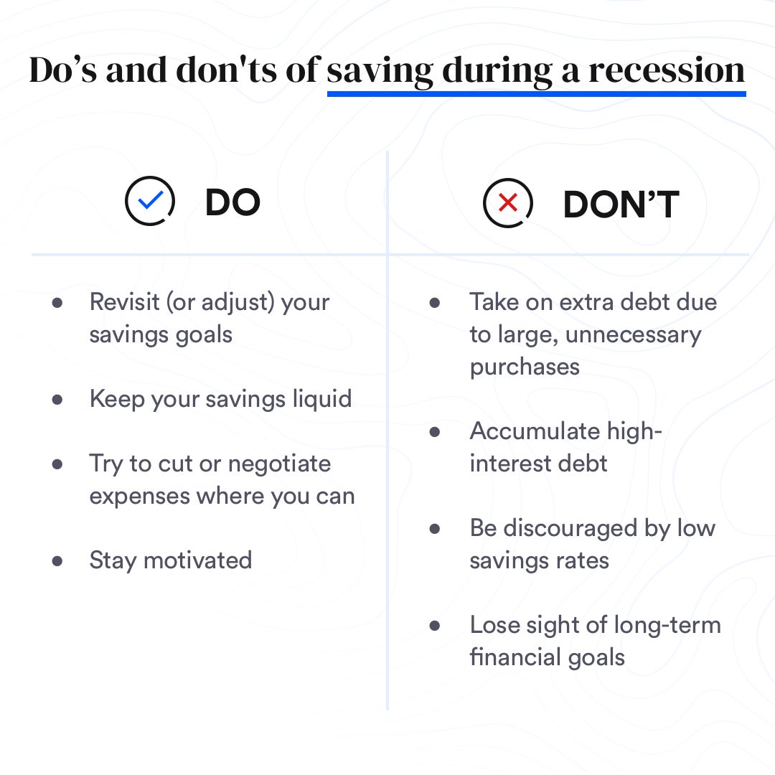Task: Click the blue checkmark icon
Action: click(x=150, y=199)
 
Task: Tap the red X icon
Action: click(x=508, y=202)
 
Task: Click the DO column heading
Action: click(x=232, y=202)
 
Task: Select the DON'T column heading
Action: click(x=621, y=204)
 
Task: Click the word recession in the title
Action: click(x=666, y=70)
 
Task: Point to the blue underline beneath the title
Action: click(x=536, y=93)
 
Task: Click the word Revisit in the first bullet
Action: click(x=125, y=301)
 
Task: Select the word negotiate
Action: click(x=279, y=464)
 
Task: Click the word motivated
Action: click(x=198, y=560)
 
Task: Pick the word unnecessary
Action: click(x=633, y=335)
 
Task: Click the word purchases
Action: click(x=525, y=367)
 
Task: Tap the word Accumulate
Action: click(x=535, y=431)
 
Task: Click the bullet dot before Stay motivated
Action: click(x=57, y=561)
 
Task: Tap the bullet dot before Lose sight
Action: click(x=435, y=626)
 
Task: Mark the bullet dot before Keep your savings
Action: click(x=57, y=400)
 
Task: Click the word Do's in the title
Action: click(x=63, y=70)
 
